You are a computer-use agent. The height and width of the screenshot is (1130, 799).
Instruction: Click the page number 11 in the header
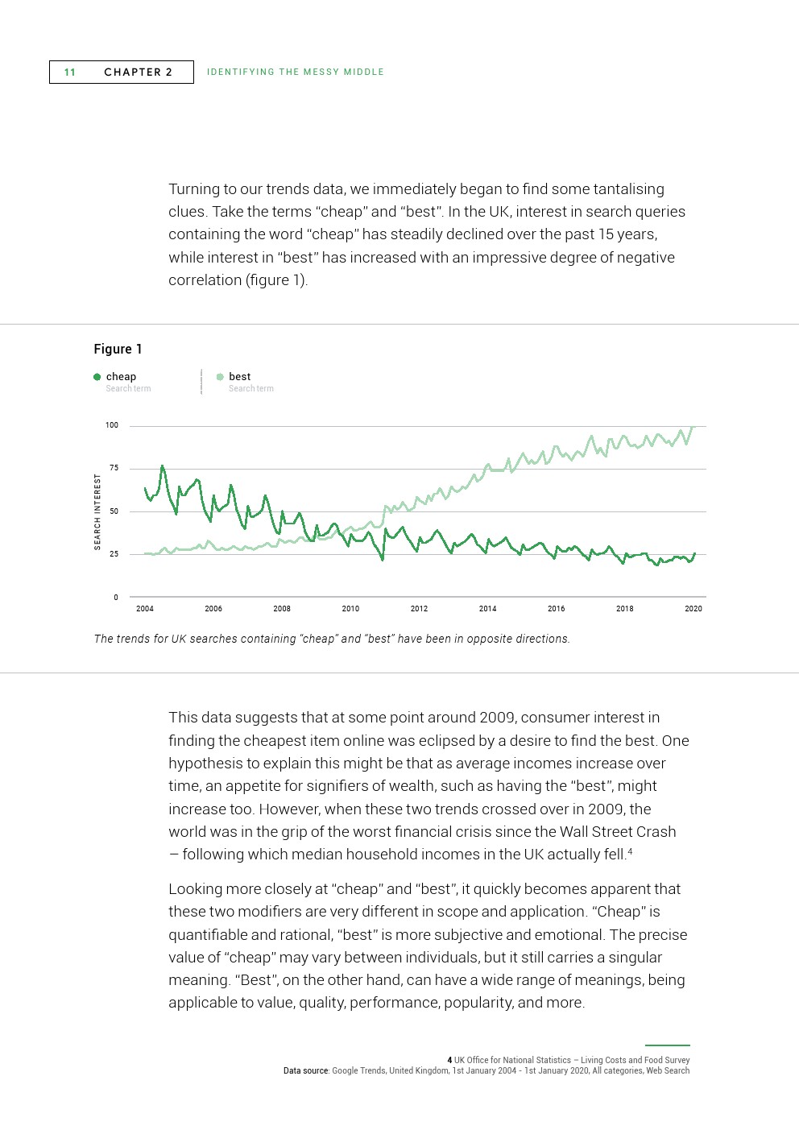pyautogui.click(x=70, y=72)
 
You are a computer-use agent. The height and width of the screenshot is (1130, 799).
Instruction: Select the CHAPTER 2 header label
pyautogui.click(x=138, y=72)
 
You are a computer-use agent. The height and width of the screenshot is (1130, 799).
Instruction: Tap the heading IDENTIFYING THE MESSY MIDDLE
pyautogui.click(x=295, y=72)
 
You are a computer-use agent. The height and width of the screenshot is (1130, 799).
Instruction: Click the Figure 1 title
pyautogui.click(x=118, y=349)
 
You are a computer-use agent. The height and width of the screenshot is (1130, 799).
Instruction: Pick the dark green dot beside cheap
pyautogui.click(x=97, y=377)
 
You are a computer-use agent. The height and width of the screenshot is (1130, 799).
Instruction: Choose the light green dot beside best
pyautogui.click(x=220, y=377)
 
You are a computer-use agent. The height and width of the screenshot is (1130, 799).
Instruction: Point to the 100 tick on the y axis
pyautogui.click(x=112, y=425)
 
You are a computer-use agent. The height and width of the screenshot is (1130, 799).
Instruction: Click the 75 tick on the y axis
pyautogui.click(x=114, y=468)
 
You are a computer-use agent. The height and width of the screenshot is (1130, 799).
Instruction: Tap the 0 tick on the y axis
pyautogui.click(x=116, y=598)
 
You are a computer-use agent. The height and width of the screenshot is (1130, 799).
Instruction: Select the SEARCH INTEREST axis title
pyautogui.click(x=98, y=511)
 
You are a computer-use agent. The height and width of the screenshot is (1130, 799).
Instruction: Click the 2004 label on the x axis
pyautogui.click(x=145, y=609)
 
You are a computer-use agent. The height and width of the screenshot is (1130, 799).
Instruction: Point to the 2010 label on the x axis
pyautogui.click(x=350, y=609)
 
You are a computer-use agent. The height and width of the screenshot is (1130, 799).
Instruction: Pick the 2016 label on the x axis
pyautogui.click(x=556, y=609)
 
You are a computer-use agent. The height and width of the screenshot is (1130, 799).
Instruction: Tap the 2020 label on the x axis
pyautogui.click(x=693, y=609)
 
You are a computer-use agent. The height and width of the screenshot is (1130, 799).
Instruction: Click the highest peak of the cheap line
pyautogui.click(x=163, y=466)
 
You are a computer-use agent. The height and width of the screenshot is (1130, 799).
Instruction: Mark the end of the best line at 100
pyautogui.click(x=693, y=427)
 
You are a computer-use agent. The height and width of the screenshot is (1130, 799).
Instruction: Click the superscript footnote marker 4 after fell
pyautogui.click(x=630, y=851)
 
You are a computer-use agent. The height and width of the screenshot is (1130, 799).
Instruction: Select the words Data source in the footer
pyautogui.click(x=306, y=1071)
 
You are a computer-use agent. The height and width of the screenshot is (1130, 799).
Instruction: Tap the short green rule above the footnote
pyautogui.click(x=667, y=1045)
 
